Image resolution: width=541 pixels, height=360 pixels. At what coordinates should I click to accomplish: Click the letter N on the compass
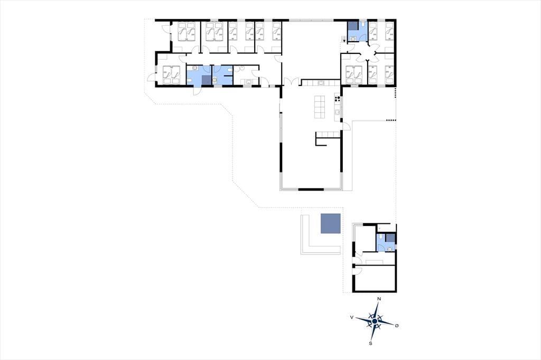[379, 299]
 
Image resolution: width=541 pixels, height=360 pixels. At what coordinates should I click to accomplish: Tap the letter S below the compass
[370, 344]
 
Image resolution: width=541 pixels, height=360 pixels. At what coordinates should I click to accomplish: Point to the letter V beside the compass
[351, 317]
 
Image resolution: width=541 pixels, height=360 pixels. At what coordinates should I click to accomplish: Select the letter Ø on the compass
[397, 326]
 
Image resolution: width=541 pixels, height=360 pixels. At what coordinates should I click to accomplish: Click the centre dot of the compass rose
[375, 321]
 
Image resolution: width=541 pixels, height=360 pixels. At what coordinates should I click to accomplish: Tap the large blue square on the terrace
[331, 223]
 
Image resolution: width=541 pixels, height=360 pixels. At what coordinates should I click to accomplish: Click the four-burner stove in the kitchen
[338, 99]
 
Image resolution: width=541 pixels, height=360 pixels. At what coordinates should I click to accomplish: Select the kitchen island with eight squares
[320, 107]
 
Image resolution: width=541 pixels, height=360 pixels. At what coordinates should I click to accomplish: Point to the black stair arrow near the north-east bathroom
[344, 40]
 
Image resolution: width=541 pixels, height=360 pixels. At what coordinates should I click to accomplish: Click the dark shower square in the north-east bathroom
[352, 26]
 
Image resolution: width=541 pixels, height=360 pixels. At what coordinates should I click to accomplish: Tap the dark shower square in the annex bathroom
[390, 238]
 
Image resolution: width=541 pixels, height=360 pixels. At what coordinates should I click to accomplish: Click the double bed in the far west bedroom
[171, 74]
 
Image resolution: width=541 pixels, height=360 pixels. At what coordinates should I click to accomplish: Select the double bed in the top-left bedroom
[186, 31]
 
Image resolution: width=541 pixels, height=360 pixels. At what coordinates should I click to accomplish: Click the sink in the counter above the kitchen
[321, 82]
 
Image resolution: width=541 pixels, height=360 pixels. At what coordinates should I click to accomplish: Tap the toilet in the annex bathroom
[379, 238]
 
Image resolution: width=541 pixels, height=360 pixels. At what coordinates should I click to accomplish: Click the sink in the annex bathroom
[389, 249]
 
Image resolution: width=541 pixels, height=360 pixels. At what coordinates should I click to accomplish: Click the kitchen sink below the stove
[338, 112]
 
